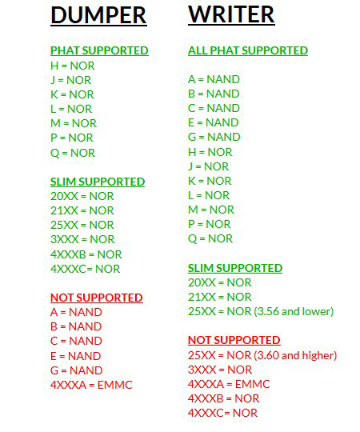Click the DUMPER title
click(98, 15)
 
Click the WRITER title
click(231, 14)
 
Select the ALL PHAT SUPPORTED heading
click(248, 50)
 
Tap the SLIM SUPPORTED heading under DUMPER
click(98, 182)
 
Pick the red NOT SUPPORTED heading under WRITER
click(234, 340)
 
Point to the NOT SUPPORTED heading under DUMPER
click(97, 298)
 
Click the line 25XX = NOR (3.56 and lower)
click(261, 311)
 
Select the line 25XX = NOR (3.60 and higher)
click(262, 355)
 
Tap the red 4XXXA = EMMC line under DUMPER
click(91, 385)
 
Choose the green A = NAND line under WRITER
click(214, 79)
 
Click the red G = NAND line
click(77, 370)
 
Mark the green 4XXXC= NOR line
click(85, 269)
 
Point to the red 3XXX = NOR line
click(220, 370)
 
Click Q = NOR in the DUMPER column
click(73, 153)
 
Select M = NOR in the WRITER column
click(211, 210)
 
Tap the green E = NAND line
click(213, 122)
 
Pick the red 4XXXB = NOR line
click(224, 398)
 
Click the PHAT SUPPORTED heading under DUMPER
click(99, 50)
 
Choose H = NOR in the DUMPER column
click(73, 66)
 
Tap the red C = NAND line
click(76, 341)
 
